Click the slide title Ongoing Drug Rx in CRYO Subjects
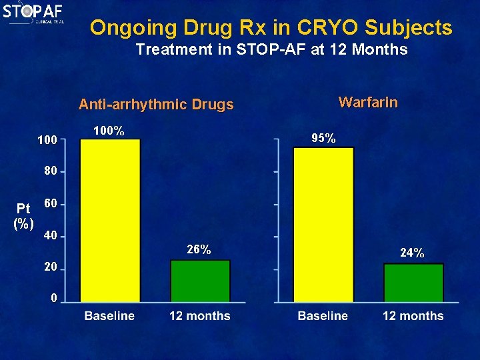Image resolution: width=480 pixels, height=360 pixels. (x=271, y=28)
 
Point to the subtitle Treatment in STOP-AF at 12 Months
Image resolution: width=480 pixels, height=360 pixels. (x=271, y=49)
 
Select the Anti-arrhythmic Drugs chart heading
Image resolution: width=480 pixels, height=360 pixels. (x=156, y=105)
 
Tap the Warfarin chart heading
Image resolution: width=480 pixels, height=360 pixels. (x=368, y=102)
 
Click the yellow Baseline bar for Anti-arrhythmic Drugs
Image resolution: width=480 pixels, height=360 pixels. (x=110, y=220)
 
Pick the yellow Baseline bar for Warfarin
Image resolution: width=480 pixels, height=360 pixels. (x=323, y=224)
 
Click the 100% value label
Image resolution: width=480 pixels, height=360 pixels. (x=109, y=131)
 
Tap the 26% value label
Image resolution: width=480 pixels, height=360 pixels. (x=199, y=250)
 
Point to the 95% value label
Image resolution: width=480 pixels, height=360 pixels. (x=323, y=139)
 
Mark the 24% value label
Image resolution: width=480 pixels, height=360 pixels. (x=412, y=253)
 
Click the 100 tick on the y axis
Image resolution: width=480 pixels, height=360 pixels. (x=47, y=141)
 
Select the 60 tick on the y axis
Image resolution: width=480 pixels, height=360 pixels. (x=50, y=203)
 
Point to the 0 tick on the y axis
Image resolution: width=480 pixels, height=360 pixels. (x=54, y=298)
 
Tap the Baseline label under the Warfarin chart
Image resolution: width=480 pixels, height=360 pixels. (x=323, y=316)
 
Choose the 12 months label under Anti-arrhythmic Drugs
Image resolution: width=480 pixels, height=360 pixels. (x=199, y=316)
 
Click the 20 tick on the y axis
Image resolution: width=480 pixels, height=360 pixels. (x=50, y=267)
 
